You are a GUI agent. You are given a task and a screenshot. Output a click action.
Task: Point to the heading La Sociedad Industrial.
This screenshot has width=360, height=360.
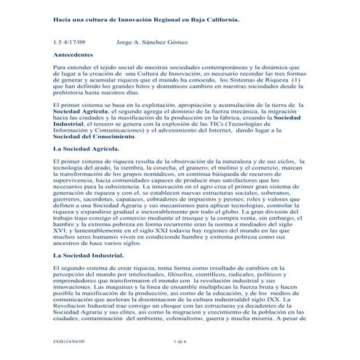pyautogui.click(x=89, y=256)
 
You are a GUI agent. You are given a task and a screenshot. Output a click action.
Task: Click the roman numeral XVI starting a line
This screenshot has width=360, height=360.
pyautogui.click(x=60, y=227)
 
